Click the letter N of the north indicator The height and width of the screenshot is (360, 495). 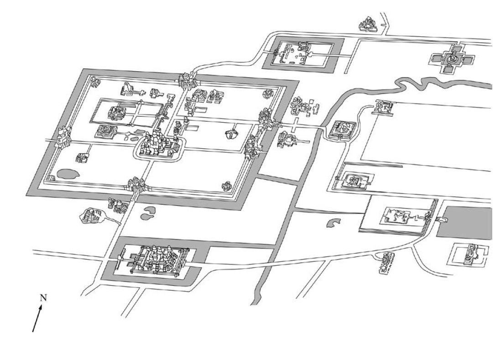[44, 297]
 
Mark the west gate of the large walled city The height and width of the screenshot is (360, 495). [63, 137]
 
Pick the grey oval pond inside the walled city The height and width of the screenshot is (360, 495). [67, 173]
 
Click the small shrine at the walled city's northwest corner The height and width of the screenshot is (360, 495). [94, 83]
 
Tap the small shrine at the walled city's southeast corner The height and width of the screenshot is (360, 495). [226, 186]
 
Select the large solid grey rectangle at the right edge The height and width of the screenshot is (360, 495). [466, 221]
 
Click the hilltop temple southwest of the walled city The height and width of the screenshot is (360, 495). [91, 215]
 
